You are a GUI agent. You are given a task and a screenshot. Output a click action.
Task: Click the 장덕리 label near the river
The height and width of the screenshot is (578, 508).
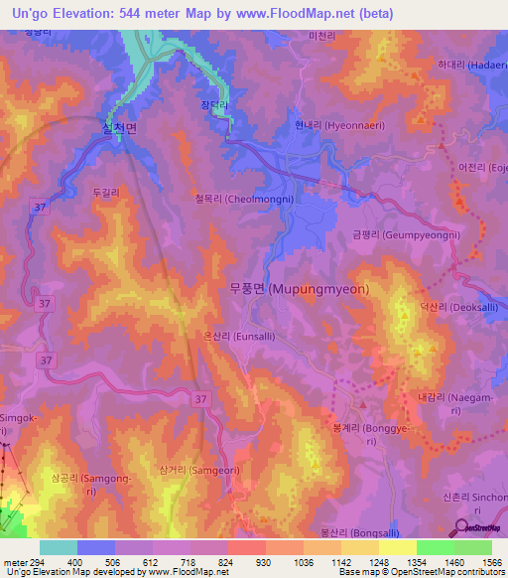214,104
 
